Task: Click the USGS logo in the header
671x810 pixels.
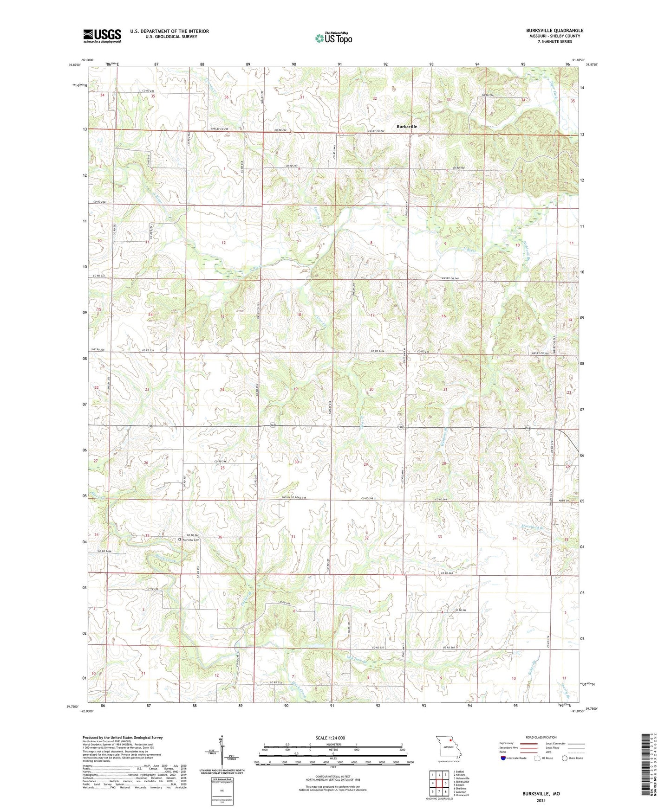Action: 102,35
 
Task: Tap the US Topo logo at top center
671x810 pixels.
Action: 333,38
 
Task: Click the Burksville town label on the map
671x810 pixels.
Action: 406,126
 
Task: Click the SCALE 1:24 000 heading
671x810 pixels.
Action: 330,738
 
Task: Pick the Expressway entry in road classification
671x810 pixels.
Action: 508,744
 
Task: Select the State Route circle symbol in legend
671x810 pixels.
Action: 565,759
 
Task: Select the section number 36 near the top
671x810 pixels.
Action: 227,97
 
